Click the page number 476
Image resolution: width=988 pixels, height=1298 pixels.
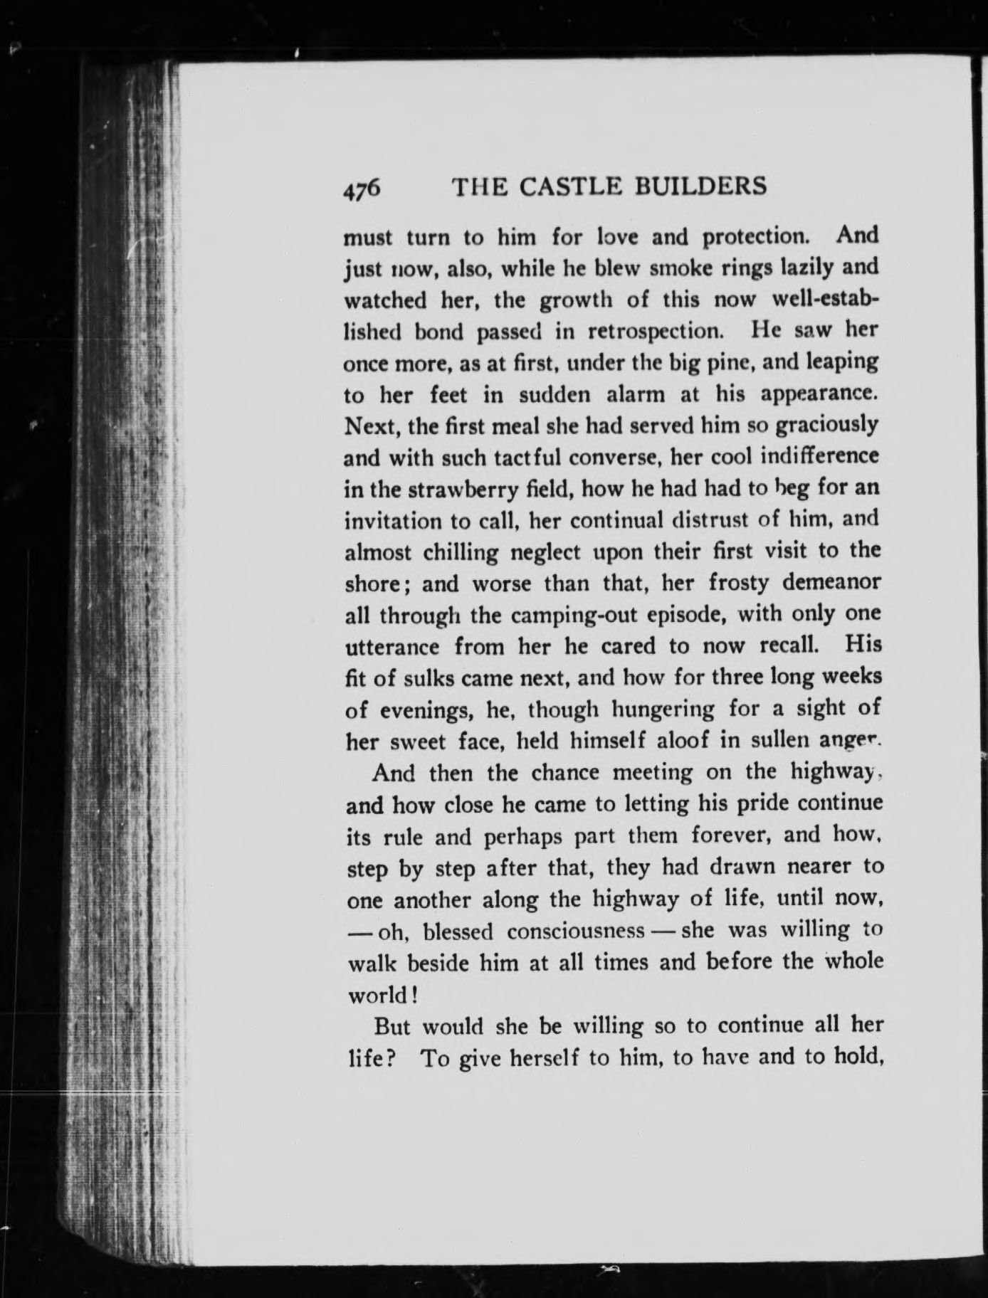point(363,189)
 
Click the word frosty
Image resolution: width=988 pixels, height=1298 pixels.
point(740,584)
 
